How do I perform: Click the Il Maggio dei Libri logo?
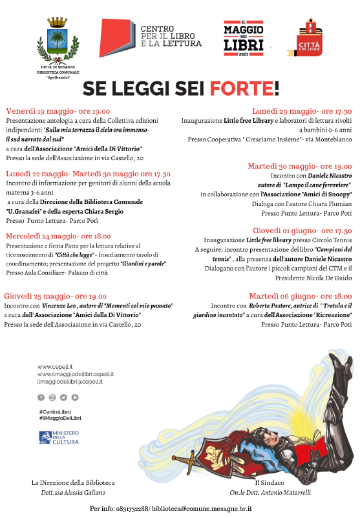click(x=243, y=37)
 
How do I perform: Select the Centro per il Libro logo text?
click(x=171, y=36)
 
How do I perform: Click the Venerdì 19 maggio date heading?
click(x=58, y=111)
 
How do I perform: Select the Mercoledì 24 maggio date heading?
click(x=58, y=236)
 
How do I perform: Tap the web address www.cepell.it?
click(x=54, y=367)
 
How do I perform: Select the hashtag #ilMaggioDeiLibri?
click(x=60, y=419)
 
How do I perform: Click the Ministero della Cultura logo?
click(x=59, y=437)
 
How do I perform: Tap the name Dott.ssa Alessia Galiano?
click(x=73, y=492)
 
